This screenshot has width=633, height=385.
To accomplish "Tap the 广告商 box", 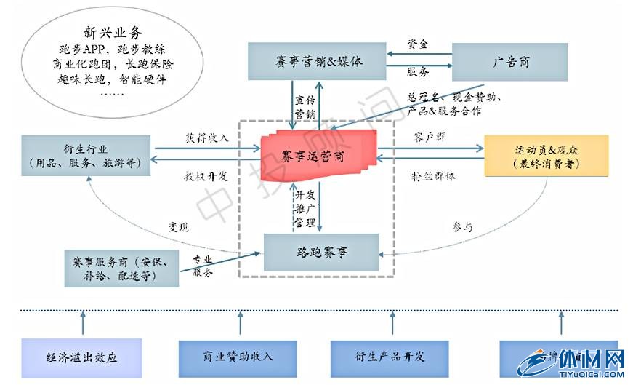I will [510, 62].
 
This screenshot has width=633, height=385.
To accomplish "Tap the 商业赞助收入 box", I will [238, 357].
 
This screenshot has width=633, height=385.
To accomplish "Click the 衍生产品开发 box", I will [392, 357].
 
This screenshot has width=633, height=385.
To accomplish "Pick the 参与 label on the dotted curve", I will [462, 227].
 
